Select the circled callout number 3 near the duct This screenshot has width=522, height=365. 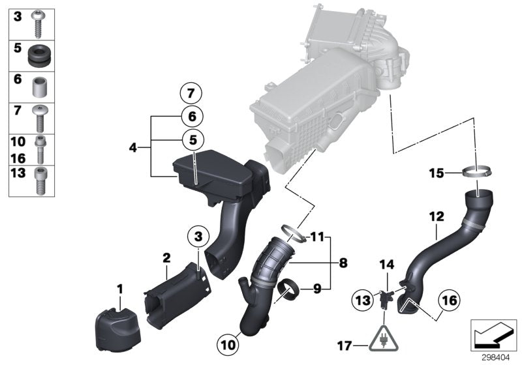point(197,234)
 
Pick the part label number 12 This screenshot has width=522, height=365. point(436,214)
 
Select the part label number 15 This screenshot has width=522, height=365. point(435,173)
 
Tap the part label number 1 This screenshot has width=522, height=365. point(119,287)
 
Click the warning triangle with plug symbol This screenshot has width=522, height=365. point(382,338)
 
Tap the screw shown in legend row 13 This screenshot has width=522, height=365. point(38,180)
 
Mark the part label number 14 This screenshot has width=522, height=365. point(388,265)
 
